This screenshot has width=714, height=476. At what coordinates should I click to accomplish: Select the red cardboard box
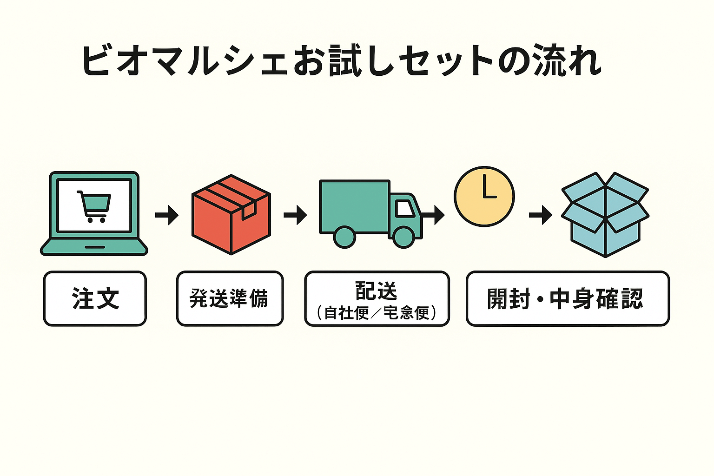coord(231,215)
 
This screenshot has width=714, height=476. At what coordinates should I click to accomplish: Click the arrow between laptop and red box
coord(167,215)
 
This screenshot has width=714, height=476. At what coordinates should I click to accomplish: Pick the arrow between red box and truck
coord(295,215)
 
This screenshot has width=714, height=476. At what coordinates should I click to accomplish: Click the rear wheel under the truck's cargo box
coord(344,237)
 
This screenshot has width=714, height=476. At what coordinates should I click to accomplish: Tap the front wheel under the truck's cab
coord(403,237)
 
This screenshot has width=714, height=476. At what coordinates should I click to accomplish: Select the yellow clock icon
coord(484,196)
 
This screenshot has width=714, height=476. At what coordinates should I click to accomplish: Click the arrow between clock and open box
coord(541,215)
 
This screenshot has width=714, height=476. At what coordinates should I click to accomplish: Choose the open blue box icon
coord(605,215)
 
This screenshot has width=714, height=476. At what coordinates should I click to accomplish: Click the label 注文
coord(95,298)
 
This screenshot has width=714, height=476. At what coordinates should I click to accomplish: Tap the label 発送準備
coord(229,298)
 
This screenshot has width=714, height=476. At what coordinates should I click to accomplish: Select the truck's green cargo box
coord(354,206)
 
